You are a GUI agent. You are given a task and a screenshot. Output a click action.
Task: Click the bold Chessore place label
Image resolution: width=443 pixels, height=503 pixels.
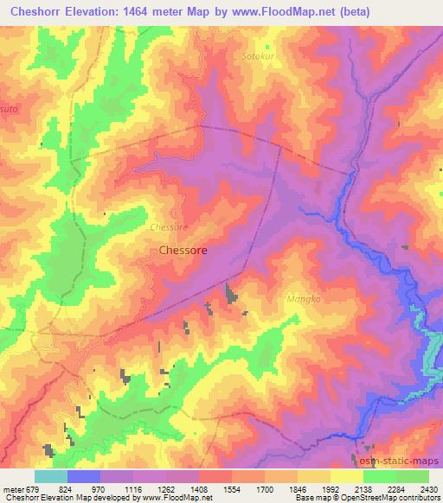pyautogui.click(x=183, y=251)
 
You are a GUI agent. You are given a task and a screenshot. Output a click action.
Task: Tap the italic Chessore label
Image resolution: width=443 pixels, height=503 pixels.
pyautogui.click(x=169, y=227)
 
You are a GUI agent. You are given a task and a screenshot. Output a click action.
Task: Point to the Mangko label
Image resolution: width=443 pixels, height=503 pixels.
pyautogui.click(x=303, y=299)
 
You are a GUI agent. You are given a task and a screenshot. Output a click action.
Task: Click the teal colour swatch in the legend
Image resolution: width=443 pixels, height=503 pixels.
pyautogui.click(x=51, y=476)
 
